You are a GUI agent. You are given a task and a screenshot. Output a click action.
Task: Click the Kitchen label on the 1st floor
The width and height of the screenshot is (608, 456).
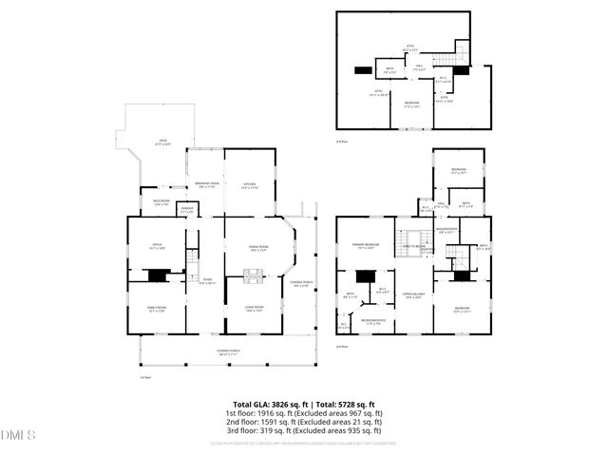[x=250, y=183]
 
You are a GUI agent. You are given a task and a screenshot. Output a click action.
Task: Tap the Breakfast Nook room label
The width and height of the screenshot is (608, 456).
[x=207, y=183]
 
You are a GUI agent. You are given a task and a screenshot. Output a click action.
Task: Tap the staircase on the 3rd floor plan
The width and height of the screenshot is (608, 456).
[x=462, y=49]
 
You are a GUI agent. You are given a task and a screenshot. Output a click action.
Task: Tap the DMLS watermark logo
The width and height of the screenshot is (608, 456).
[x=18, y=435]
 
